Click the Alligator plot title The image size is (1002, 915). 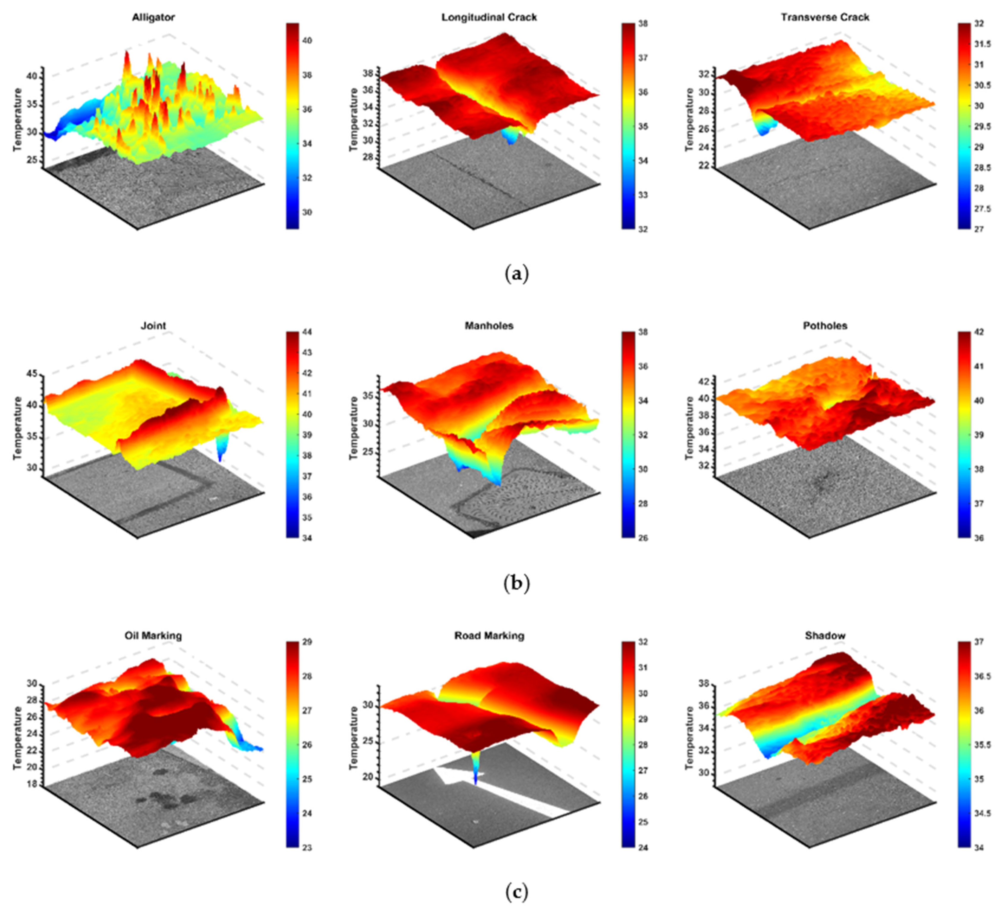tap(153, 17)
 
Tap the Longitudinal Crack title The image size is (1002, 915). tap(489, 17)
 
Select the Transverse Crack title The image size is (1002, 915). tap(825, 17)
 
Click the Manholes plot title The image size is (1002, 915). tap(489, 326)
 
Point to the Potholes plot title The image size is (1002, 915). tap(825, 326)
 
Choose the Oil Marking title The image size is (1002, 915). tap(153, 636)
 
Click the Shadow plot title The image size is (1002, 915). tap(825, 636)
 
